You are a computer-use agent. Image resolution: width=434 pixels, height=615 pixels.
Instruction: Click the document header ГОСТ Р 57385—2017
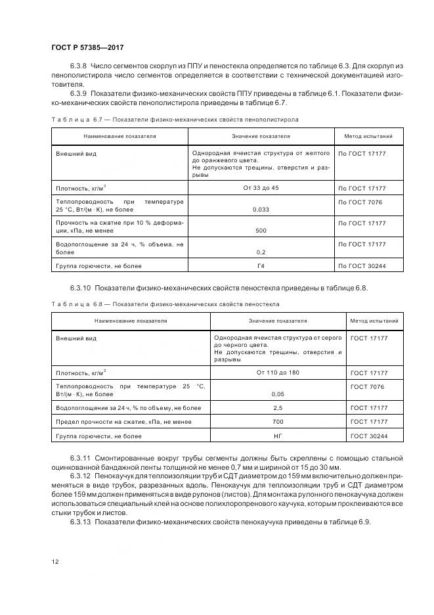(87, 48)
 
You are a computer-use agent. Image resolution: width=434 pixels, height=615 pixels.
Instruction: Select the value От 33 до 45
(261, 188)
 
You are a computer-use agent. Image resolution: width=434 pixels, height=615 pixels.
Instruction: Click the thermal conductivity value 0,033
(261, 210)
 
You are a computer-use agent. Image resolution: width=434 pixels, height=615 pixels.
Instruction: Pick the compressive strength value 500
(261, 231)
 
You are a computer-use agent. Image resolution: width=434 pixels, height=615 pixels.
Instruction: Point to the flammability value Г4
(261, 266)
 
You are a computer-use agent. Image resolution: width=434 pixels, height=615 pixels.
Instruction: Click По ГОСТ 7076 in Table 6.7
(360, 202)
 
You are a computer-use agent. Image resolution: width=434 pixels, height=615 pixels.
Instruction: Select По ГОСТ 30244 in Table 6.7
(362, 266)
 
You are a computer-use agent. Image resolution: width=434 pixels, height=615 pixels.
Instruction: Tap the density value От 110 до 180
(278, 373)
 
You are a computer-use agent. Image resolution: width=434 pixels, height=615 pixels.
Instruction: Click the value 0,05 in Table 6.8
(278, 394)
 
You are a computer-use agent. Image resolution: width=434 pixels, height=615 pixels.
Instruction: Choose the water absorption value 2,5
(278, 408)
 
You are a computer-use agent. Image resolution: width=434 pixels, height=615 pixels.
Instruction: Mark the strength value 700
(278, 422)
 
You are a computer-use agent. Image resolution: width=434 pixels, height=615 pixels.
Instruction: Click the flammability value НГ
(278, 436)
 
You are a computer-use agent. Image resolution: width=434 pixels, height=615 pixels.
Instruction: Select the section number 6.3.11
(81, 457)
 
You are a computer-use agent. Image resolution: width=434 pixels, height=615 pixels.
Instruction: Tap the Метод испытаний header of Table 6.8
(374, 321)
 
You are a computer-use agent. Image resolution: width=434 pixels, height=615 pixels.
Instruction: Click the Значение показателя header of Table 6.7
(261, 136)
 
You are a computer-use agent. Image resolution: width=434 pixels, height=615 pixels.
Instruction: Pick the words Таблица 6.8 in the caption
(76, 304)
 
